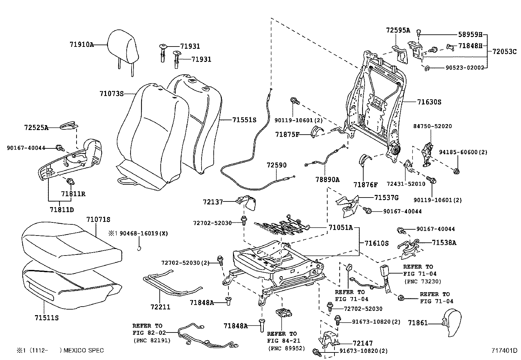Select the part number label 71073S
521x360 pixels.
(112, 94)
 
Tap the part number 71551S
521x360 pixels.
(244, 120)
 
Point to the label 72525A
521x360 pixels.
(36, 128)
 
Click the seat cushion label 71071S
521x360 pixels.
(98, 219)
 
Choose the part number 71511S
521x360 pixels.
(46, 318)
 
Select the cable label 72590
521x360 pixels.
(277, 165)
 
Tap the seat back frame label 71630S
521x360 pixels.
(429, 102)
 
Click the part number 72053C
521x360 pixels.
(504, 51)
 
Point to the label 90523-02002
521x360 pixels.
(465, 68)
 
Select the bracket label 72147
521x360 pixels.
(363, 343)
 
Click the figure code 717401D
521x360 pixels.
(504, 351)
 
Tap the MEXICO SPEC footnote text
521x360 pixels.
(83, 351)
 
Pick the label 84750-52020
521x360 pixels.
(432, 126)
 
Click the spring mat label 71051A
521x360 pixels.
(340, 227)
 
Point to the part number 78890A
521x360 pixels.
(328, 180)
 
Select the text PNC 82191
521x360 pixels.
(152, 340)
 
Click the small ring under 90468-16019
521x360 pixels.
(139, 249)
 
